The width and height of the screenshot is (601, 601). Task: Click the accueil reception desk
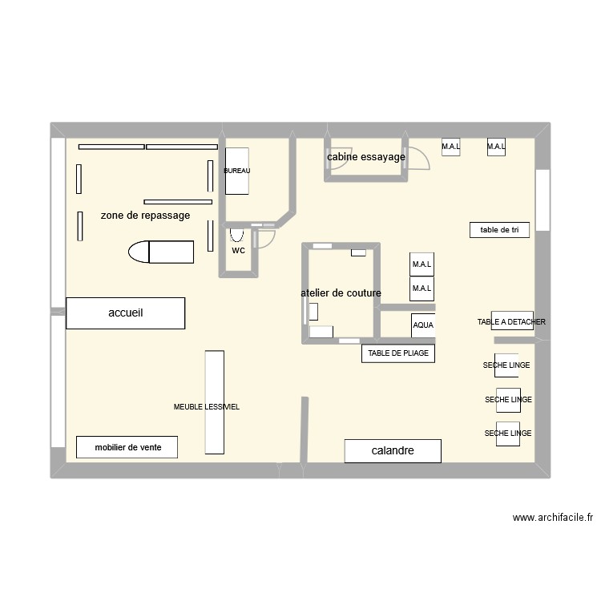[125, 313]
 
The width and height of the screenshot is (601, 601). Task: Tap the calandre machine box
[393, 450]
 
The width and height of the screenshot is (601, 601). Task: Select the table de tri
[499, 230]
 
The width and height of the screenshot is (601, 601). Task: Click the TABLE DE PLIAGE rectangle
[398, 353]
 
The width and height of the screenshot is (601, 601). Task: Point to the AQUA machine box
[423, 325]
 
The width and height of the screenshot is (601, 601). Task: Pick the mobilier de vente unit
[127, 447]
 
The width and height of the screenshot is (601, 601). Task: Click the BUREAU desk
[237, 171]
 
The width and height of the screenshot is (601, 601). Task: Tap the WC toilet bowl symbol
[236, 235]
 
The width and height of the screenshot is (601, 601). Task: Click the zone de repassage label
[145, 216]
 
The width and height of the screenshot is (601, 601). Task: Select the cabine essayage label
[366, 157]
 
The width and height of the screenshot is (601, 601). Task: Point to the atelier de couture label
[341, 293]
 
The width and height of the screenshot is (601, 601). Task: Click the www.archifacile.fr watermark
[553, 518]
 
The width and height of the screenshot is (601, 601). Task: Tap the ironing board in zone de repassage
[161, 252]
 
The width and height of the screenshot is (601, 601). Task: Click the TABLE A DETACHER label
[511, 322]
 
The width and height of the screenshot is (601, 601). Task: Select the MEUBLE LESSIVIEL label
[207, 407]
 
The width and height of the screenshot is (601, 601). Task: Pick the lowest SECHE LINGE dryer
[508, 434]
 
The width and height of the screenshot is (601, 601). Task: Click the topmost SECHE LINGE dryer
[506, 365]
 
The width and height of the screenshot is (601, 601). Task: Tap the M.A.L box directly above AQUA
[422, 288]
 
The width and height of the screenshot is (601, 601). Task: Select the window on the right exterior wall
[543, 200]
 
